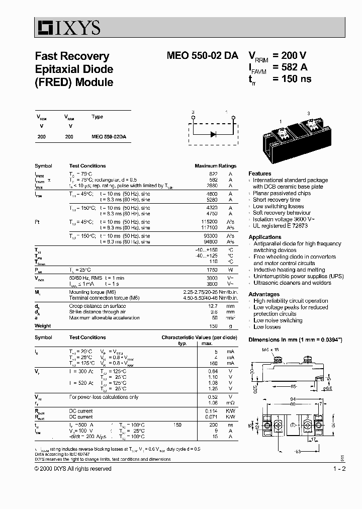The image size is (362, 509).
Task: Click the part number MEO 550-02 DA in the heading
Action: (202, 56)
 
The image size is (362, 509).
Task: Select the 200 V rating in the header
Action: (290, 56)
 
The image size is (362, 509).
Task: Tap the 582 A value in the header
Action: (290, 67)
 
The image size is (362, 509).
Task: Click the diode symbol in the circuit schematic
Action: (213, 134)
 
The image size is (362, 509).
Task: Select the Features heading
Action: (260, 174)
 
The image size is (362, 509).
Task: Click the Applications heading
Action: (265, 237)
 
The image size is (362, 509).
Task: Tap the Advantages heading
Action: (264, 294)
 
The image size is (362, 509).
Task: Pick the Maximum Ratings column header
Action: (215, 165)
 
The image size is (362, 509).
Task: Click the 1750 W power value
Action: (213, 270)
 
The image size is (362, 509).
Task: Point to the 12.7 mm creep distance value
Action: (213, 306)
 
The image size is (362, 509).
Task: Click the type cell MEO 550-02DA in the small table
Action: (109, 137)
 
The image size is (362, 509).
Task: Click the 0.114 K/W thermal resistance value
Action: (213, 411)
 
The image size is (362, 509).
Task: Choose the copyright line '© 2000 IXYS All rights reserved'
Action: (73, 468)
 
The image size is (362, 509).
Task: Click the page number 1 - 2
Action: (339, 468)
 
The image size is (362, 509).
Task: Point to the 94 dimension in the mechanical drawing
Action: (301, 399)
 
